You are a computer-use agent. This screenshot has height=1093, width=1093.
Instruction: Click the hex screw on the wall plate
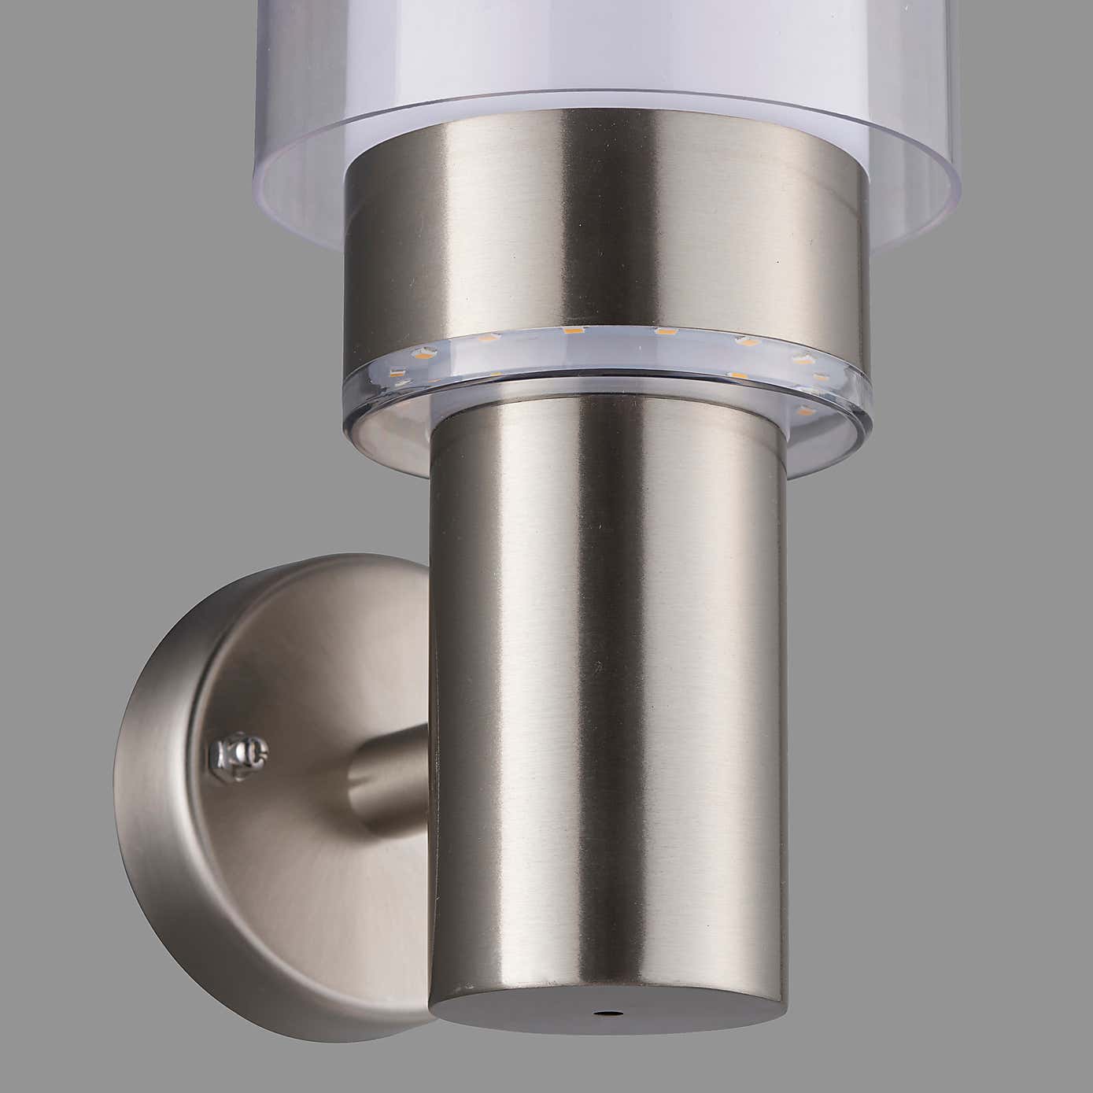click(x=239, y=755)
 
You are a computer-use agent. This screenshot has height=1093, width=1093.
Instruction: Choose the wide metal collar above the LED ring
click(x=606, y=228)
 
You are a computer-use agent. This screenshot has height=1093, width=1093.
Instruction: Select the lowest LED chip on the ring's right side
click(x=804, y=412)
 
